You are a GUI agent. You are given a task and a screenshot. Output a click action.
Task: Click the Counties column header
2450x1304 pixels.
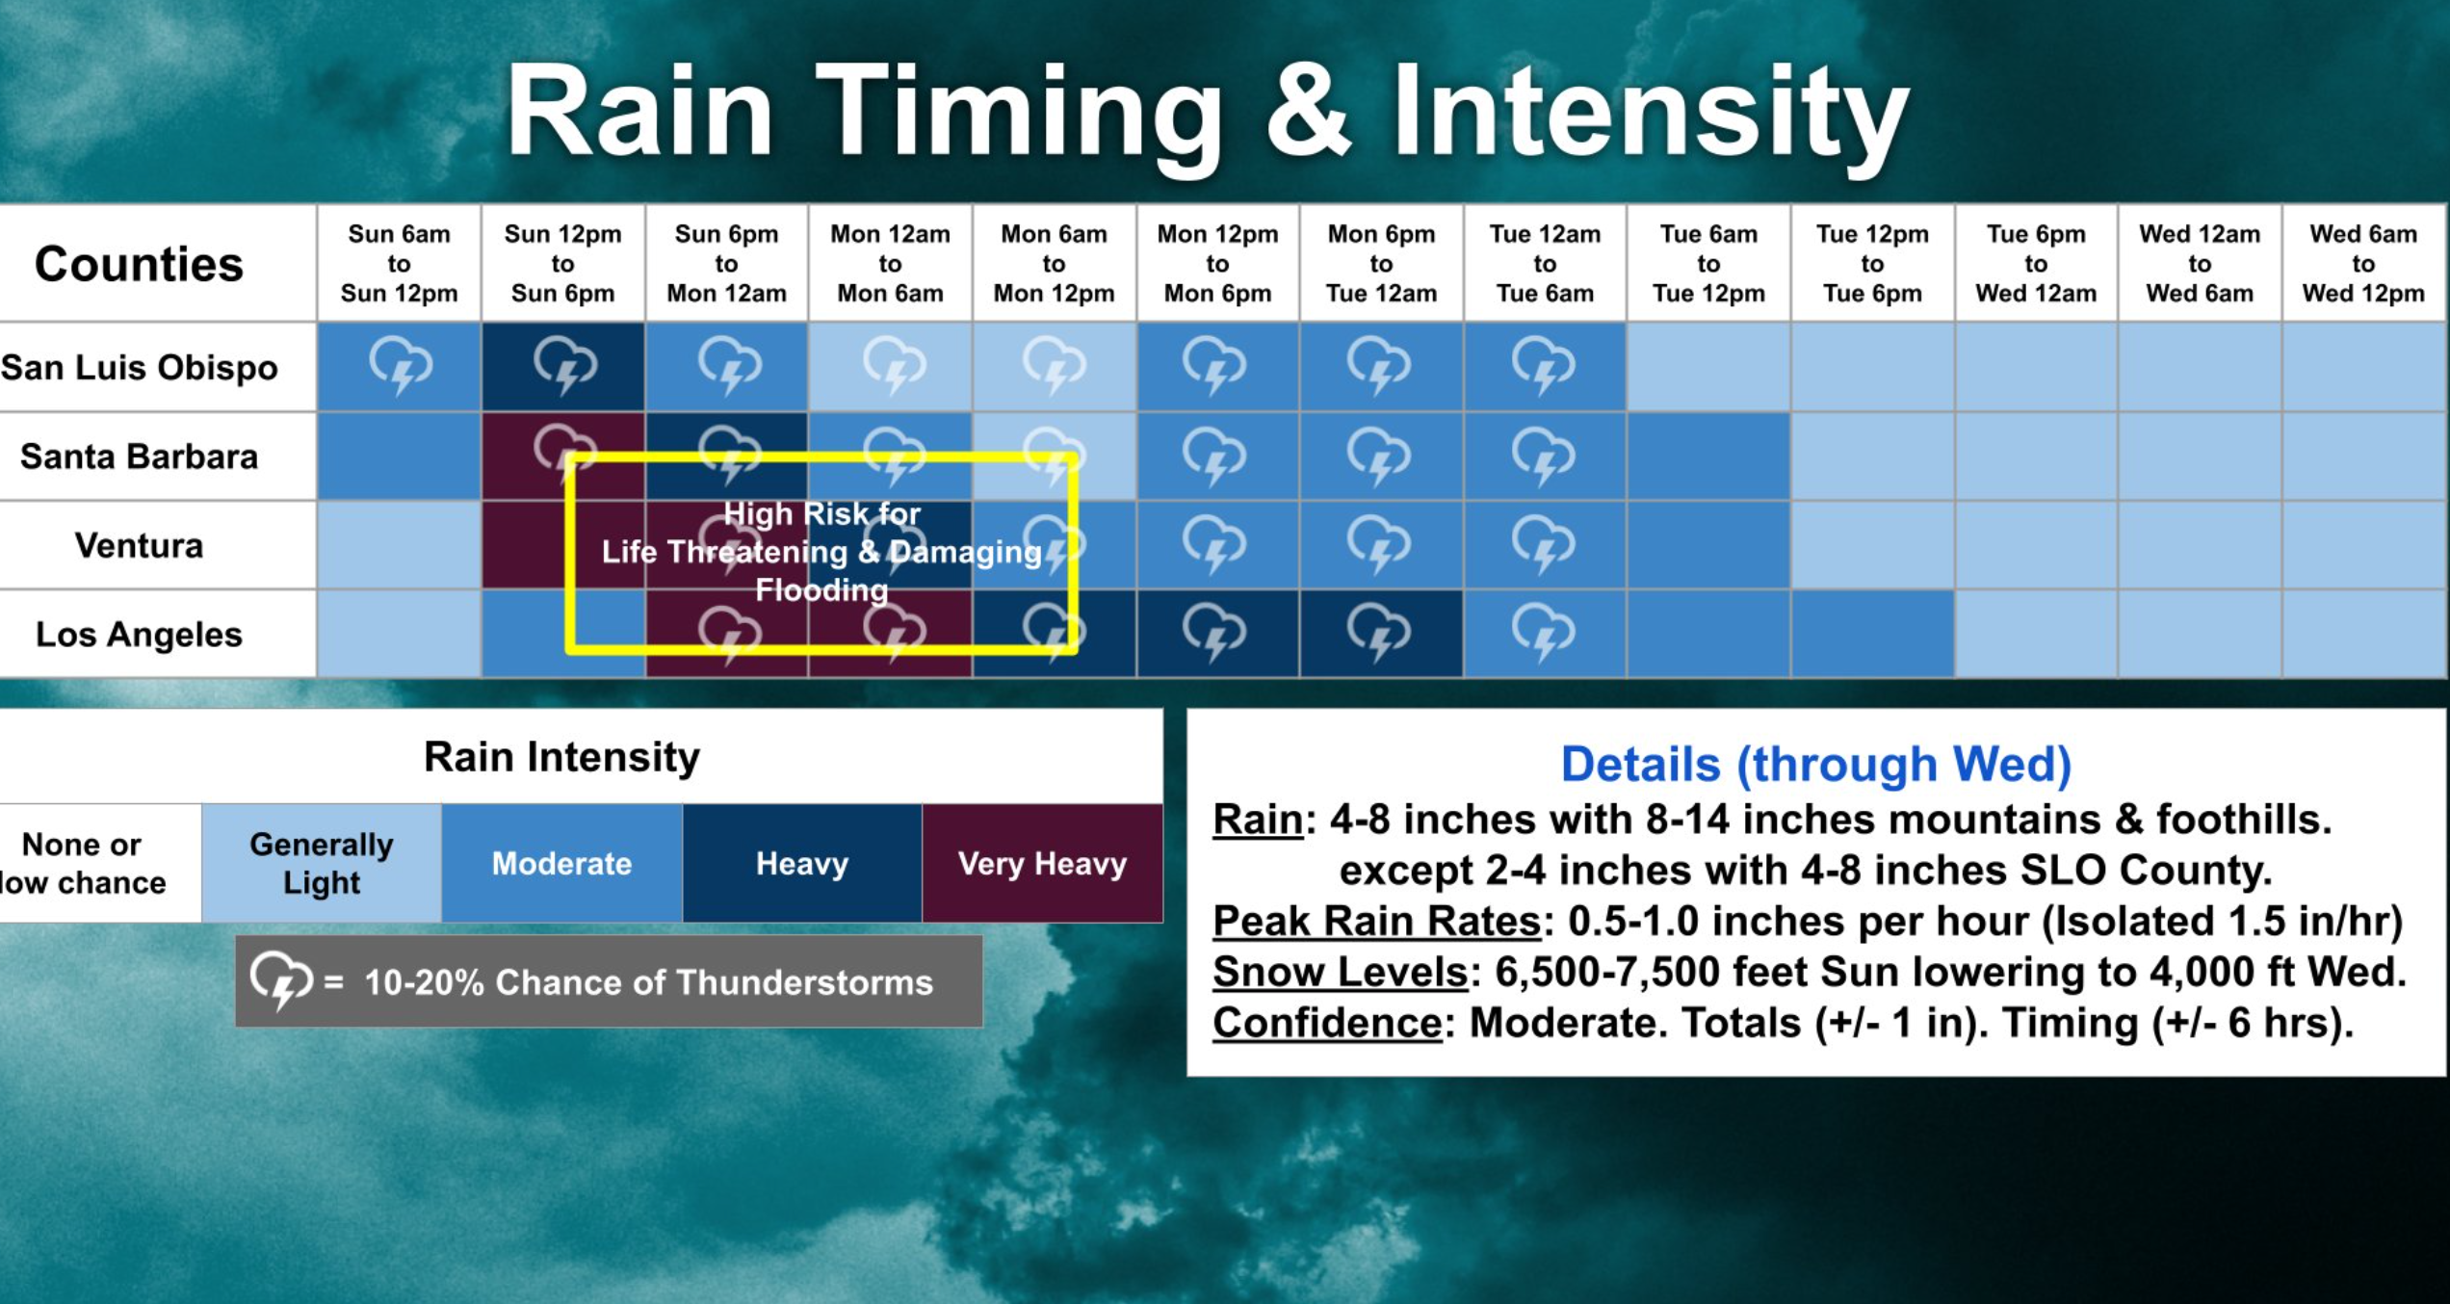click(139, 264)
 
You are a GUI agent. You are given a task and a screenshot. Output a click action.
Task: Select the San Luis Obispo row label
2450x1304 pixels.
click(140, 367)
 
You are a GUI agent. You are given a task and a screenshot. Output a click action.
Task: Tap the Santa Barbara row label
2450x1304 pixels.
click(140, 456)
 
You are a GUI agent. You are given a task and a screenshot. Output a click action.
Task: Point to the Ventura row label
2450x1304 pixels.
click(140, 545)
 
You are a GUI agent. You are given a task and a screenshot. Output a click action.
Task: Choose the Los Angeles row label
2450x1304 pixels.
click(140, 635)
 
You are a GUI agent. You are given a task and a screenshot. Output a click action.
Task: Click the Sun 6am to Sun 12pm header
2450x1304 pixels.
click(400, 263)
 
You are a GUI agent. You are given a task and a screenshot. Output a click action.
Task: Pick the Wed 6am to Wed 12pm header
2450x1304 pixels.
click(2363, 263)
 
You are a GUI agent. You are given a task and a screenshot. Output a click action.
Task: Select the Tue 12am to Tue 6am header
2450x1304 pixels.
click(1545, 263)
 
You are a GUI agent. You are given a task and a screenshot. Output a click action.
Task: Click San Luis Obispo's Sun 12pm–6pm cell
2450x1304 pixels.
click(563, 367)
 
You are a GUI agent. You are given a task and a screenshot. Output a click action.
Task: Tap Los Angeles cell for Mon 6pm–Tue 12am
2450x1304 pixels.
click(1381, 634)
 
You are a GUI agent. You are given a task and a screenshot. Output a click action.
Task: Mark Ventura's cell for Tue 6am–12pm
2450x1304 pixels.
click(1708, 545)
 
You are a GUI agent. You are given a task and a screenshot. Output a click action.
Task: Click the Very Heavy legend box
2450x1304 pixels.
click(1043, 863)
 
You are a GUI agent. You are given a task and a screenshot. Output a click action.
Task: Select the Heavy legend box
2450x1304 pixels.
click(802, 863)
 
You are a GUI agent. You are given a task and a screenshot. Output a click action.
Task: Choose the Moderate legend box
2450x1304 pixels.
click(562, 863)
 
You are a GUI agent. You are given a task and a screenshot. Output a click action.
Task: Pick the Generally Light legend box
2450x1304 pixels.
click(322, 863)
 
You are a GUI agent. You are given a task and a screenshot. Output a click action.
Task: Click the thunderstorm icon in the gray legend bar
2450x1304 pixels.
click(281, 980)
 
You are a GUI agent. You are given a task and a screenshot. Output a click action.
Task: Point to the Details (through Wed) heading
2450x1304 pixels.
click(1815, 765)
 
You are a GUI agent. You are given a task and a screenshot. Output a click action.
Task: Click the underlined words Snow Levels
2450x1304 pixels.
click(1340, 972)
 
